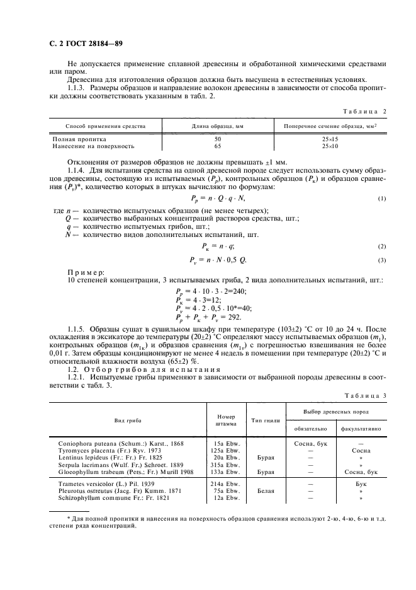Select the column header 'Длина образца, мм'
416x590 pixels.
218,126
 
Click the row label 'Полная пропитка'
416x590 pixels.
79,139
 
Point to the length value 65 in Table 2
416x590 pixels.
218,146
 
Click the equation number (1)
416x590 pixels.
381,199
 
